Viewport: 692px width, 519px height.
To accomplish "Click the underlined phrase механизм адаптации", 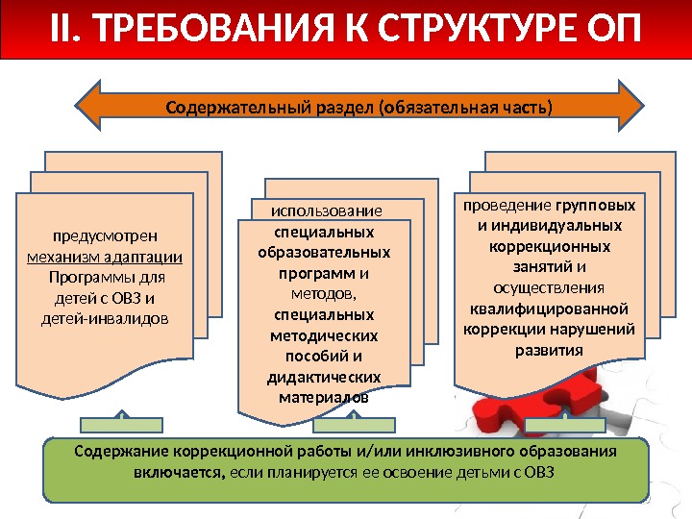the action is pos(106,257).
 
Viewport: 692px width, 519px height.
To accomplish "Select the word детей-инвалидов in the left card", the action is pos(106,317).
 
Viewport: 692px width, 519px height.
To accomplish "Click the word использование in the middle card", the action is pos(326,210).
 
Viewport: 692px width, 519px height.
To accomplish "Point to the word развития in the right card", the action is pos(549,350).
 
